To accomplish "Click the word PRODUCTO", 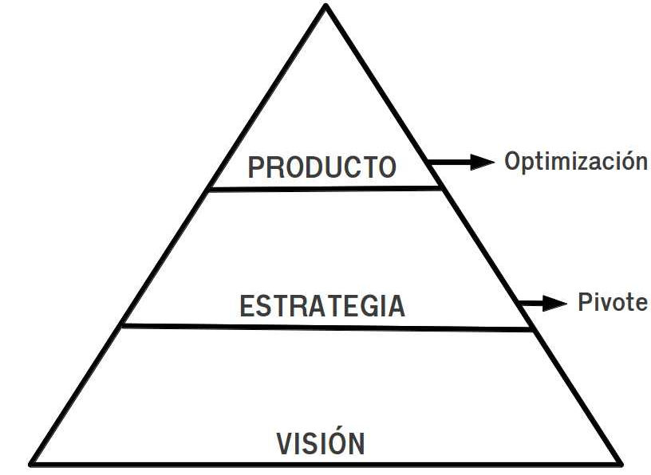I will tap(322, 167).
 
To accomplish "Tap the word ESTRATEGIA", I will tap(322, 306).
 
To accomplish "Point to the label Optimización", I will tap(575, 162).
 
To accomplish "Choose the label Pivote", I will tap(612, 303).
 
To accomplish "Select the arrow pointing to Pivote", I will tap(541, 303).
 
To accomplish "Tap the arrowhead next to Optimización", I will tap(482, 163).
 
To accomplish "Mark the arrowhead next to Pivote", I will tap(555, 303).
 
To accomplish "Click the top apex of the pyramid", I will tap(325, 6).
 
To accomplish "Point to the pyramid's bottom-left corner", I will tap(32, 463).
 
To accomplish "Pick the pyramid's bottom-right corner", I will tap(620, 463).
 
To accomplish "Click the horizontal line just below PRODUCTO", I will tap(324, 189).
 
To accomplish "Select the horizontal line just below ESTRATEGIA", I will tap(327, 327).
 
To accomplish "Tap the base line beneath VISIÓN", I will tap(325, 464).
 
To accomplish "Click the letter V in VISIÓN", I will tap(286, 443).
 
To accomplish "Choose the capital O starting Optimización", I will tap(512, 162).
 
